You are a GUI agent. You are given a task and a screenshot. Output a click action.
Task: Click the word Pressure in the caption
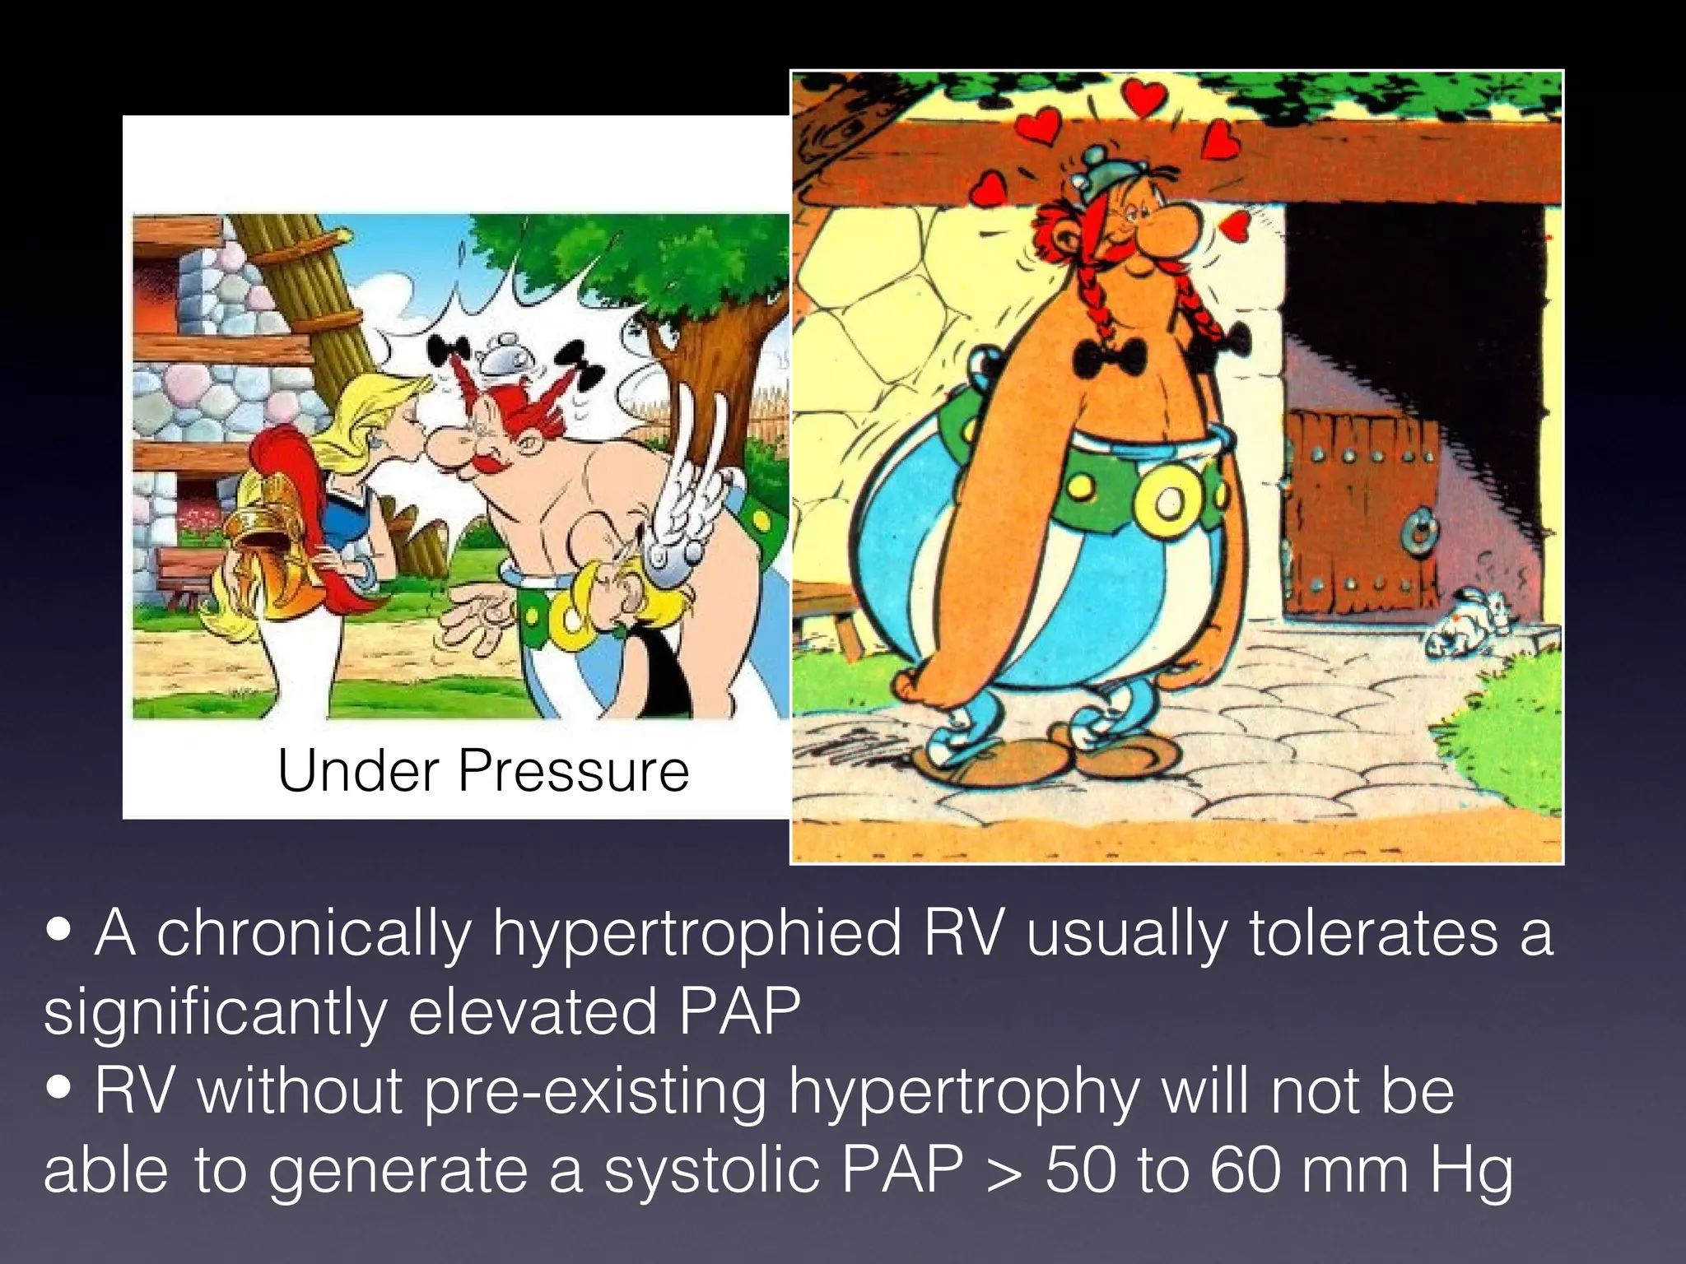[x=573, y=771]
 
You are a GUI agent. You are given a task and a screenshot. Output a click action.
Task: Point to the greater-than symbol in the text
[x=1004, y=1170]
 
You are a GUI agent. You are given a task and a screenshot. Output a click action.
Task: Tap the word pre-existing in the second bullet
[x=594, y=1093]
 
